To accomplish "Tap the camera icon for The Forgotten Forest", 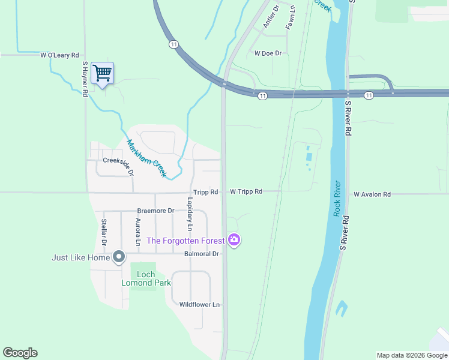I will (x=234, y=241).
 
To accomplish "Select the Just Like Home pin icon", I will (x=119, y=257).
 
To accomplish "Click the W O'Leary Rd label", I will (x=60, y=55).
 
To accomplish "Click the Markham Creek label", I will (x=146, y=158).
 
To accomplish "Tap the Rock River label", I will (x=337, y=198).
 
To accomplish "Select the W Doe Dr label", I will (x=268, y=53).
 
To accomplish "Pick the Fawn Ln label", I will (x=291, y=19).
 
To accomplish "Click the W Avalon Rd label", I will (x=372, y=194).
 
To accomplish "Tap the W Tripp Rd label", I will (x=246, y=192).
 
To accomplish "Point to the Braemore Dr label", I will (x=155, y=211).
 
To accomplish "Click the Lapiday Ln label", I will (x=189, y=214).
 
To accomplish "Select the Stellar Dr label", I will (x=104, y=232).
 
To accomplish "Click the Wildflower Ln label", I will (x=200, y=305).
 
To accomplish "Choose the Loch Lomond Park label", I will (x=146, y=278).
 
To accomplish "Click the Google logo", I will (x=20, y=353).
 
